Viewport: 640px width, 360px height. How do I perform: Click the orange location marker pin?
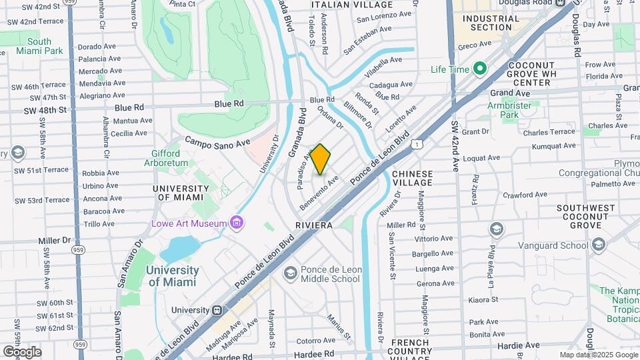click(321, 159)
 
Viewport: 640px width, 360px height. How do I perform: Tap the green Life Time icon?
click(479, 69)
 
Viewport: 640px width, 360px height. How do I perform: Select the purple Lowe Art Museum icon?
click(236, 223)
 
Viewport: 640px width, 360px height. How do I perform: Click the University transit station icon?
click(217, 310)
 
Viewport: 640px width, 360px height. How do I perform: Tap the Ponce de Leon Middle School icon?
click(290, 273)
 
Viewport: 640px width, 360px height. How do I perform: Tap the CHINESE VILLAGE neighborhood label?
click(412, 179)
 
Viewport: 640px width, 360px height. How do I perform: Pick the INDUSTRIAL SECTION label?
click(491, 23)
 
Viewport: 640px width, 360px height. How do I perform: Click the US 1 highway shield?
click(416, 143)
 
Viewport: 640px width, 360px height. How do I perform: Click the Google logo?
click(21, 351)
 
